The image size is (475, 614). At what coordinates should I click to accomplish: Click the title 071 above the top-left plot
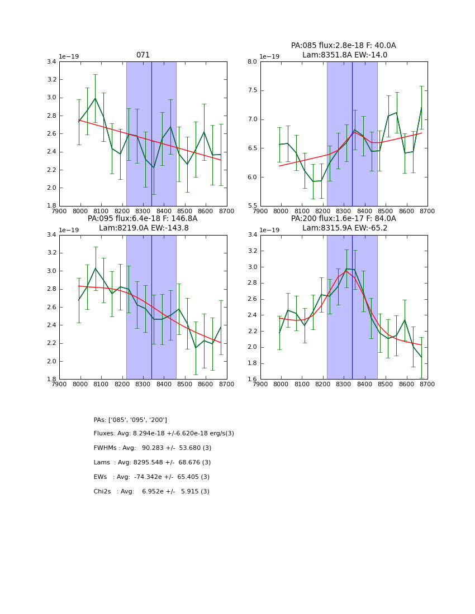pyautogui.click(x=143, y=55)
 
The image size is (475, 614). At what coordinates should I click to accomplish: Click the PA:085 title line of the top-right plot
pyautogui.click(x=343, y=46)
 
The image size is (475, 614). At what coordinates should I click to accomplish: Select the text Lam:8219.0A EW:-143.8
pyautogui.click(x=144, y=228)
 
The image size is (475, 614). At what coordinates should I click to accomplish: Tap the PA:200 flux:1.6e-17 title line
pyautogui.click(x=343, y=219)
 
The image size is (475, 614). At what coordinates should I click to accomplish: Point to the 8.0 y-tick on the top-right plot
pyautogui.click(x=252, y=61)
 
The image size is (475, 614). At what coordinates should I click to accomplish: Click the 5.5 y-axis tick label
pyautogui.click(x=252, y=206)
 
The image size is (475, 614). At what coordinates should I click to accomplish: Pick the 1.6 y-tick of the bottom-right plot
pyautogui.click(x=252, y=379)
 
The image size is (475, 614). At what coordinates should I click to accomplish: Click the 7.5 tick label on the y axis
pyautogui.click(x=252, y=90)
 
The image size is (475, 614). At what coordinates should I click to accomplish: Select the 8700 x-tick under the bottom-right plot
pyautogui.click(x=427, y=385)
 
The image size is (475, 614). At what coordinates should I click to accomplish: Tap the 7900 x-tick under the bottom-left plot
pyautogui.click(x=59, y=385)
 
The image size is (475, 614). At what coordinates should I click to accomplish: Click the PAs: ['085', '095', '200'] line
pyautogui.click(x=130, y=420)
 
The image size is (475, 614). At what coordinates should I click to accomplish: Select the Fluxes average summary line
pyautogui.click(x=164, y=434)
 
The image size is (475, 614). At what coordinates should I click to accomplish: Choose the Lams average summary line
pyautogui.click(x=152, y=463)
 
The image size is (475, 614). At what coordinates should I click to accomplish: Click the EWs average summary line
pyautogui.click(x=151, y=477)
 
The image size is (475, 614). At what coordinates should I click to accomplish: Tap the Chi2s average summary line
pyautogui.click(x=151, y=492)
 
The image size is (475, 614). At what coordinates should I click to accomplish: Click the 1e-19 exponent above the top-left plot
pyautogui.click(x=69, y=56)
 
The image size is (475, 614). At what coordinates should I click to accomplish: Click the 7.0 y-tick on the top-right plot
pyautogui.click(x=252, y=119)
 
